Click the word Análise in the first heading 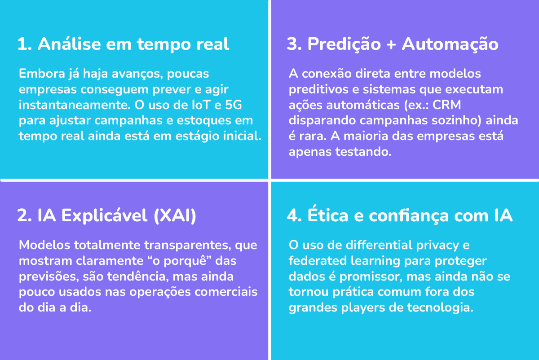(69, 44)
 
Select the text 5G (234, 105)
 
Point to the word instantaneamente (75, 105)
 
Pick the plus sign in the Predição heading (391, 45)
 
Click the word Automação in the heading (450, 44)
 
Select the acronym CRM (446, 105)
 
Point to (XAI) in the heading (175, 216)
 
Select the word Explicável (104, 215)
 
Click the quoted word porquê (185, 261)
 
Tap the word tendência (136, 277)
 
